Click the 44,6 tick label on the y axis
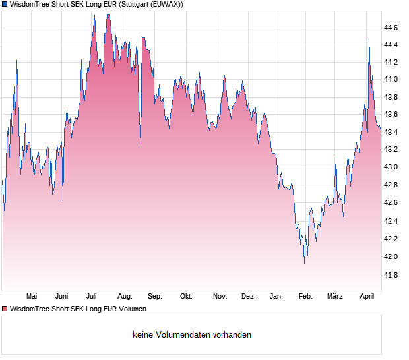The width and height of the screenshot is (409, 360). point(391,28)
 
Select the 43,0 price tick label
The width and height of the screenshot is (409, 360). point(391,167)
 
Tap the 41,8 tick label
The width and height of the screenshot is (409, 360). point(391,274)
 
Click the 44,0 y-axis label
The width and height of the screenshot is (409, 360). point(391,80)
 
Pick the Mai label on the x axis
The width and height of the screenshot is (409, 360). point(32,297)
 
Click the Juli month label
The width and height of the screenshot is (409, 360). point(92,297)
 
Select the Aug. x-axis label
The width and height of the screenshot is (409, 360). point(125,297)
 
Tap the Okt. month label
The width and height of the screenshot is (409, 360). point(186,297)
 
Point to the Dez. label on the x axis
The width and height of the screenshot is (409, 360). point(248,297)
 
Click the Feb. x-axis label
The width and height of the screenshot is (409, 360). point(305,297)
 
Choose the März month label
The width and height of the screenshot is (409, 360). point(335,297)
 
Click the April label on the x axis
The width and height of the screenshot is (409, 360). point(367,297)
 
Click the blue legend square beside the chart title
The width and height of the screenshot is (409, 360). point(5,5)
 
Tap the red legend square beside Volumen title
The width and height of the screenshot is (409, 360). point(5,309)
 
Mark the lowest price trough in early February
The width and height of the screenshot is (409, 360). point(304,263)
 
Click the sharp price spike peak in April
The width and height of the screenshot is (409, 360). point(369,39)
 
